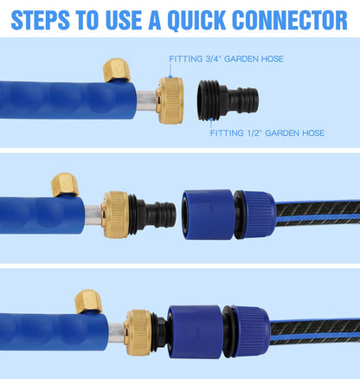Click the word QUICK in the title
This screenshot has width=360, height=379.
(x=203, y=19)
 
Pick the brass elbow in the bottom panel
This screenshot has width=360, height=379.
(x=87, y=301)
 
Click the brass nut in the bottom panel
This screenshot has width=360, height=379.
(x=138, y=331)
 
